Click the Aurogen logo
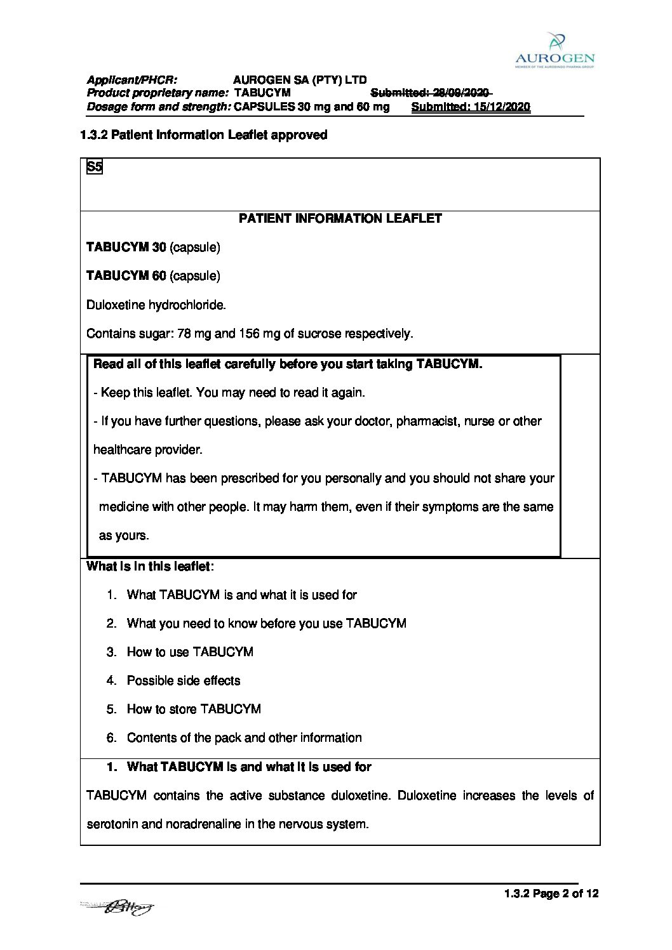[554, 50]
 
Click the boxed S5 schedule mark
[94, 167]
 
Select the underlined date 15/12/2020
[501, 107]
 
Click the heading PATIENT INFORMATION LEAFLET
[340, 218]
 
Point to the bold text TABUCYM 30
[126, 247]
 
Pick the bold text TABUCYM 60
[126, 275]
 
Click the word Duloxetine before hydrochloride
[116, 305]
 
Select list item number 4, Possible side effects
[183, 680]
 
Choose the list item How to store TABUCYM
[194, 709]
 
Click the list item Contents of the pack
[244, 737]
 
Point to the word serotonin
[112, 824]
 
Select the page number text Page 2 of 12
[565, 894]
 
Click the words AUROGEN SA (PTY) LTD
[300, 80]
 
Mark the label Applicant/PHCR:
[131, 80]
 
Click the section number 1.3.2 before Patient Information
[93, 135]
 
